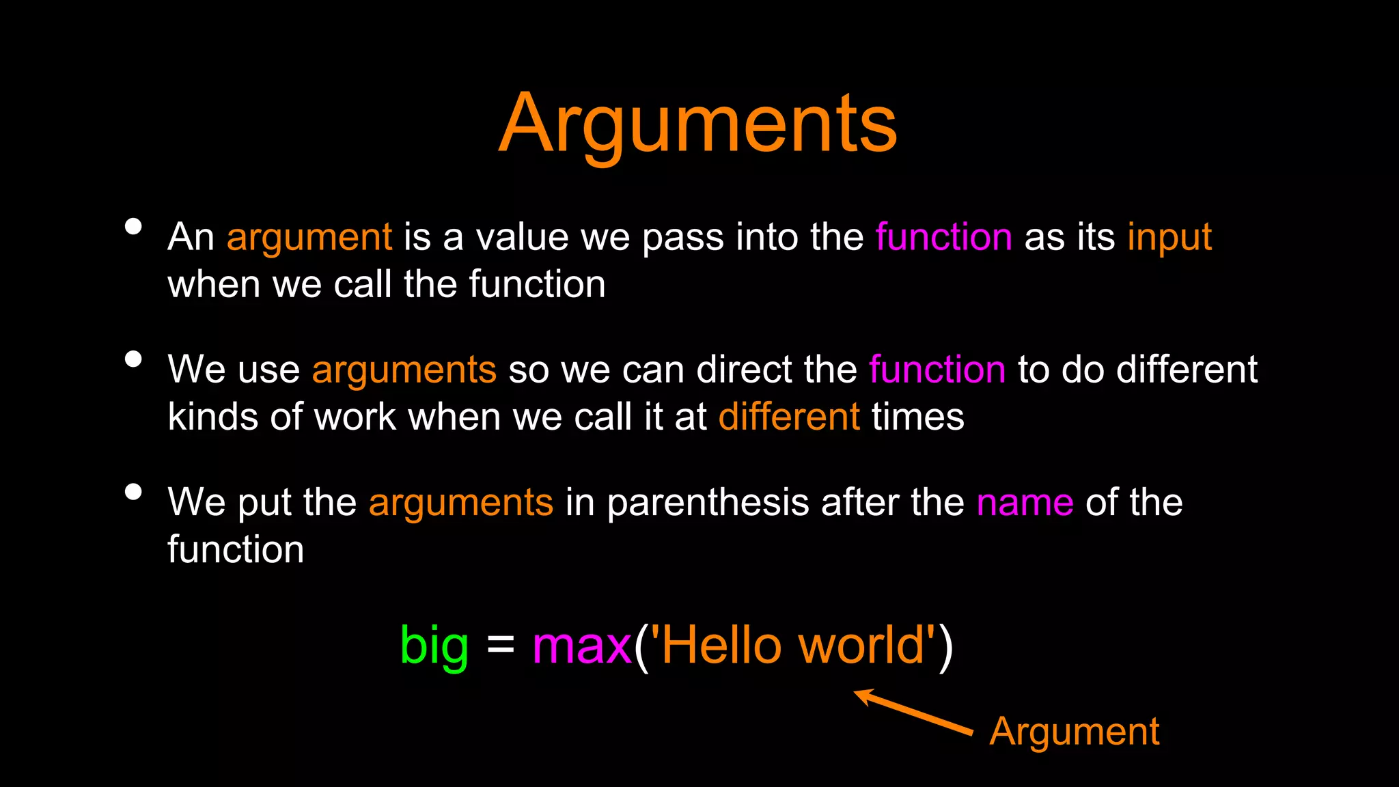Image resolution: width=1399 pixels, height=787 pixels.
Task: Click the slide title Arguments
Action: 697,124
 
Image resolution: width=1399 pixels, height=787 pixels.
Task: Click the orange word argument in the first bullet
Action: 309,238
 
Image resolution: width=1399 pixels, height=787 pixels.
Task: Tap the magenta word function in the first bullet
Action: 943,238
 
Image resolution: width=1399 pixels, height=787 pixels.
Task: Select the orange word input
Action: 1169,238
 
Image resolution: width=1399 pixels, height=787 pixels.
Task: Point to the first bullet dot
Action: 134,227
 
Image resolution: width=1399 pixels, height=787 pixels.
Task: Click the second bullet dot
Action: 134,359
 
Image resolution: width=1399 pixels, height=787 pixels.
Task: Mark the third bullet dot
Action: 134,492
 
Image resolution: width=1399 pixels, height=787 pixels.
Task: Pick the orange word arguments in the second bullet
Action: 404,370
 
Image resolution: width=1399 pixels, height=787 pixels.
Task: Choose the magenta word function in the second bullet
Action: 937,370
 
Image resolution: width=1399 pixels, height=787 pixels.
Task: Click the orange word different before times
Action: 789,417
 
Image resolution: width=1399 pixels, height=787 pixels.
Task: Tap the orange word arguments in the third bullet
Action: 461,503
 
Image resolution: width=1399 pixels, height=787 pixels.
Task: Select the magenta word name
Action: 1025,503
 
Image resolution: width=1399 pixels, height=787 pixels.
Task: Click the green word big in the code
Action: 434,645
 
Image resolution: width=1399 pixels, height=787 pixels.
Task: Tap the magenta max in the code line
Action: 581,645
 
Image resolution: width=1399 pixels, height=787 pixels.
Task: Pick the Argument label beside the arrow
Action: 1074,732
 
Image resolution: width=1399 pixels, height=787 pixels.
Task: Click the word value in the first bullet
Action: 522,238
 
